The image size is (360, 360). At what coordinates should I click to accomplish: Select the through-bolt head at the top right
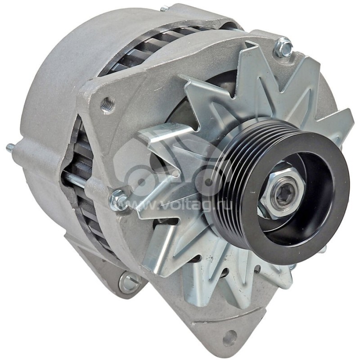coord(283,47)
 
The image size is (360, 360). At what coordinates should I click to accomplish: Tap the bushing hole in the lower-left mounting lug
coord(129,283)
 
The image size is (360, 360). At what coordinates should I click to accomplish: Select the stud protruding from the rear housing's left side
coord(10,147)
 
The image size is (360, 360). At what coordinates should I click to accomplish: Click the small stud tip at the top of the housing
coord(164,8)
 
